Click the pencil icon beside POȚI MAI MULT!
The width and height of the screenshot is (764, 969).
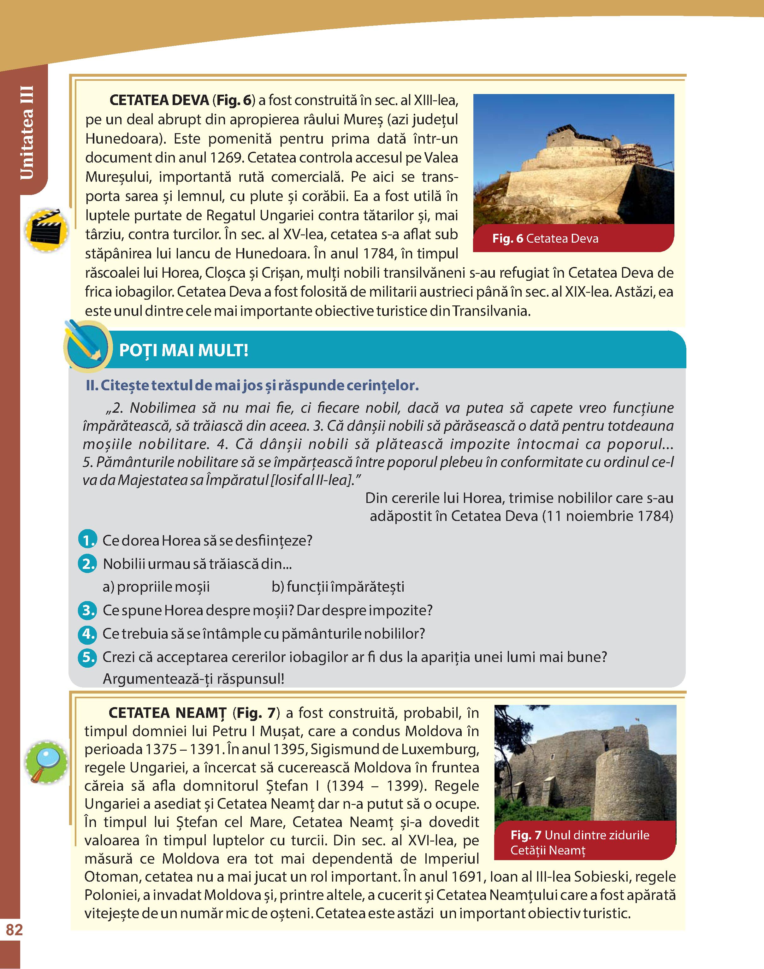(87, 346)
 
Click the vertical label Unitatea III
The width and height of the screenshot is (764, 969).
(27, 133)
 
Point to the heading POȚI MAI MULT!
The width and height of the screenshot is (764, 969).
(183, 350)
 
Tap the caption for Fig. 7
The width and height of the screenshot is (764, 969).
(579, 842)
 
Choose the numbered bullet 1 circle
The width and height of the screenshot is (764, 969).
(87, 540)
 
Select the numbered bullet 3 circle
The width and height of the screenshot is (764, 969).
(87, 610)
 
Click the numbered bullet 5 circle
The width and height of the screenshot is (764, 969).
(87, 657)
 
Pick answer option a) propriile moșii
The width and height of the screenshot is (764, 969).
(156, 587)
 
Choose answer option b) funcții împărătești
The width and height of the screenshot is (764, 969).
(338, 587)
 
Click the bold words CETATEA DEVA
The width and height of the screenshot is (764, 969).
(159, 100)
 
